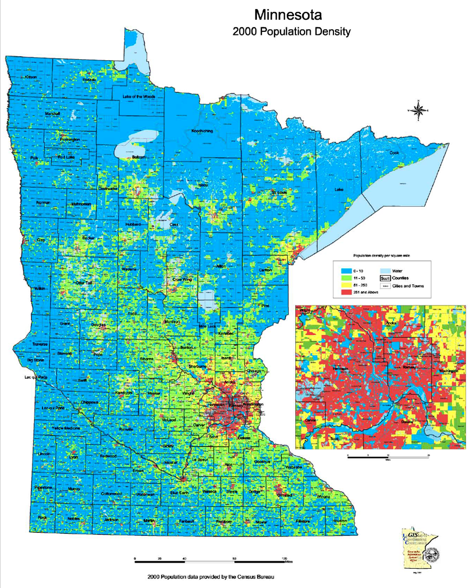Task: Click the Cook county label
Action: [x=394, y=153]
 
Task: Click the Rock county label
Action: [x=42, y=518]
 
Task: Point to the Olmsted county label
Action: [x=285, y=495]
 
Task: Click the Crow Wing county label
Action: [x=182, y=279]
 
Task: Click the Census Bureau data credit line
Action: [x=212, y=577]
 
